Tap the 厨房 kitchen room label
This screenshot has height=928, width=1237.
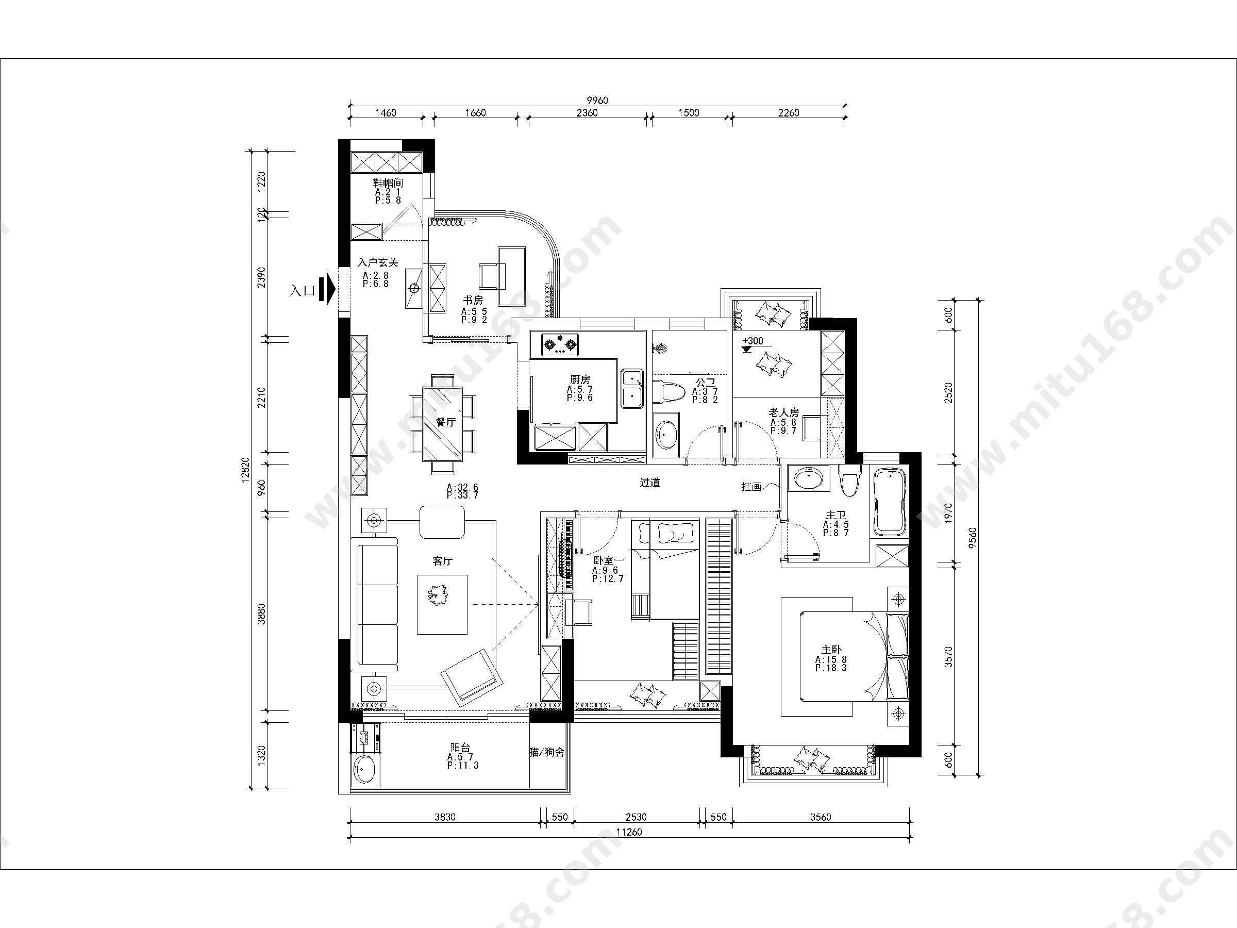(x=580, y=380)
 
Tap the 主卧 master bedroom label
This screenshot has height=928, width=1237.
(x=831, y=650)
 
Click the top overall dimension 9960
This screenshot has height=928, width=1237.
(x=597, y=100)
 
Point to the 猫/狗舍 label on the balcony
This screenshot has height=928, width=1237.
(x=547, y=752)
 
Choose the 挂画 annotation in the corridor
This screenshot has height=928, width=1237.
(x=751, y=487)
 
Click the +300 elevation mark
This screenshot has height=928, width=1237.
(x=752, y=341)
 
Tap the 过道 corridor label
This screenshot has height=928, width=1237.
(x=650, y=482)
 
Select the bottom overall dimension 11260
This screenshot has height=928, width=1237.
(x=629, y=832)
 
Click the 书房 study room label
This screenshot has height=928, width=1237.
(x=473, y=301)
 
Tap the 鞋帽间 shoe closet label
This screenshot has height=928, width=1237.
(x=388, y=183)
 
